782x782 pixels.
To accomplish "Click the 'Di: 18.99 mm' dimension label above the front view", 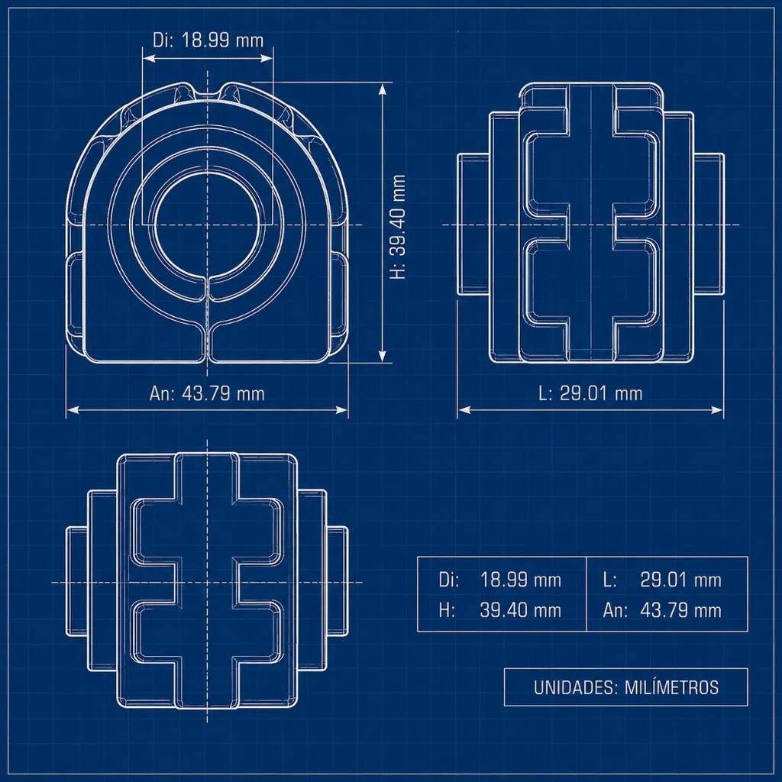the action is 208,40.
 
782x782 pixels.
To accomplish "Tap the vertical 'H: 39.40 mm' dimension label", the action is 398,227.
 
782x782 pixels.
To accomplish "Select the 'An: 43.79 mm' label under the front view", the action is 207,393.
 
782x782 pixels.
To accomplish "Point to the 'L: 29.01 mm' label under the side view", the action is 590,393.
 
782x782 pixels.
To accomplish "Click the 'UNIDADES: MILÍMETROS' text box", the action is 626,687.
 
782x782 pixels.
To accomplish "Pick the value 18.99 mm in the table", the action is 520,580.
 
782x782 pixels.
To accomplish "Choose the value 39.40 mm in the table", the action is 520,610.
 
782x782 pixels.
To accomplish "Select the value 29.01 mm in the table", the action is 680,580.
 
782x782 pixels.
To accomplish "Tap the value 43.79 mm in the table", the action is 680,610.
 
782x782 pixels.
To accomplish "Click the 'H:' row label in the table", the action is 447,610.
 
